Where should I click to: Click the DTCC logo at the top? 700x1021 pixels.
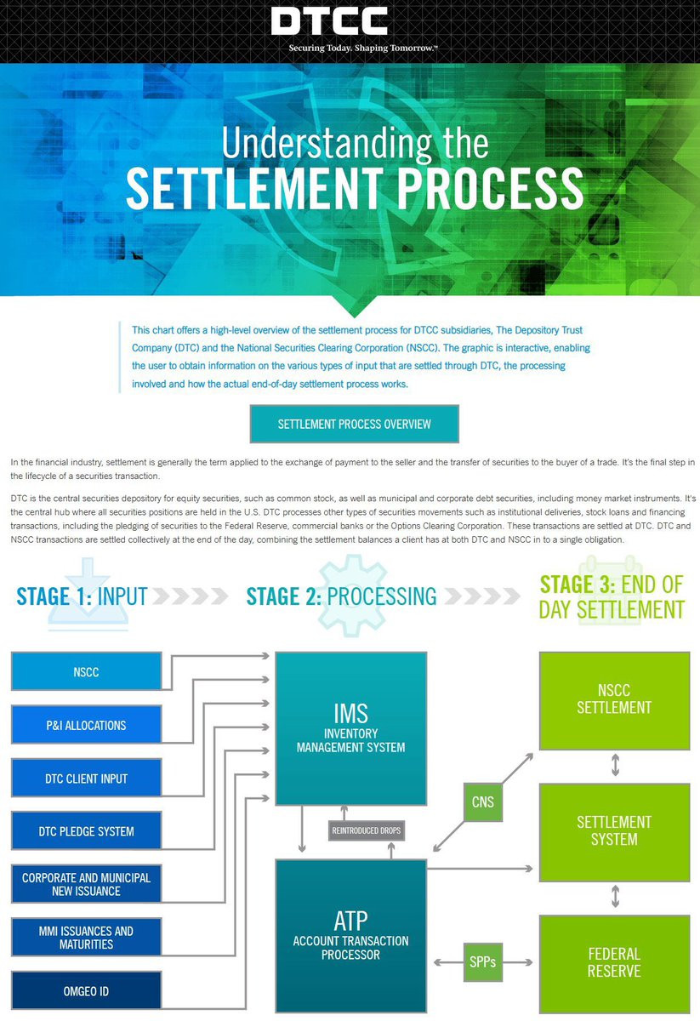329,21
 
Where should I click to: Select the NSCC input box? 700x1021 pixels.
86,671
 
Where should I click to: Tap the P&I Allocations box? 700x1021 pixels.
86,725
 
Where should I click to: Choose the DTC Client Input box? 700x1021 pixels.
86,779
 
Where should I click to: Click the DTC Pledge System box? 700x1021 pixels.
86,831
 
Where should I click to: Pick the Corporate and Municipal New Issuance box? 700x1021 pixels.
86,884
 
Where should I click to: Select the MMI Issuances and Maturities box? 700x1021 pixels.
86,938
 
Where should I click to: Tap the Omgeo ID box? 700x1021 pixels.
86,991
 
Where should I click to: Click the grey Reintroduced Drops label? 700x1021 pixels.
367,830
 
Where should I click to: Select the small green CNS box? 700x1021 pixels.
483,801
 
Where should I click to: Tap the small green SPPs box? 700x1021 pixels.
483,962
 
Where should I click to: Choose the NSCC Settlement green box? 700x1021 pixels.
614,699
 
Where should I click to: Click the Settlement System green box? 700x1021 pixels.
614,831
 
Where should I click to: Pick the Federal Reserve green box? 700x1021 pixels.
614,962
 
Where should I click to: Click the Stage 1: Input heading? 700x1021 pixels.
82,596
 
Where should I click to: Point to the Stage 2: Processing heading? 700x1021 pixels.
341,596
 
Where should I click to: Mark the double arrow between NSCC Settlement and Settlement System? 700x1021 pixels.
615,766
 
